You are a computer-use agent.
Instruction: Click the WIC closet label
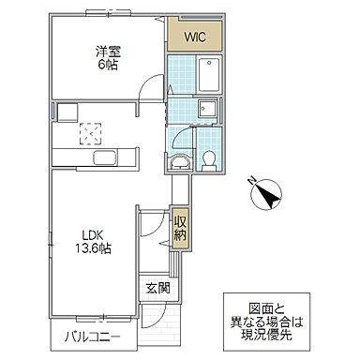click(195, 37)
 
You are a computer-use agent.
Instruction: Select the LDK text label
click(89, 235)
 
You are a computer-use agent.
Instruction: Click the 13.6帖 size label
click(89, 251)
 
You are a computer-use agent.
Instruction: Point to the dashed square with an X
click(91, 131)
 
